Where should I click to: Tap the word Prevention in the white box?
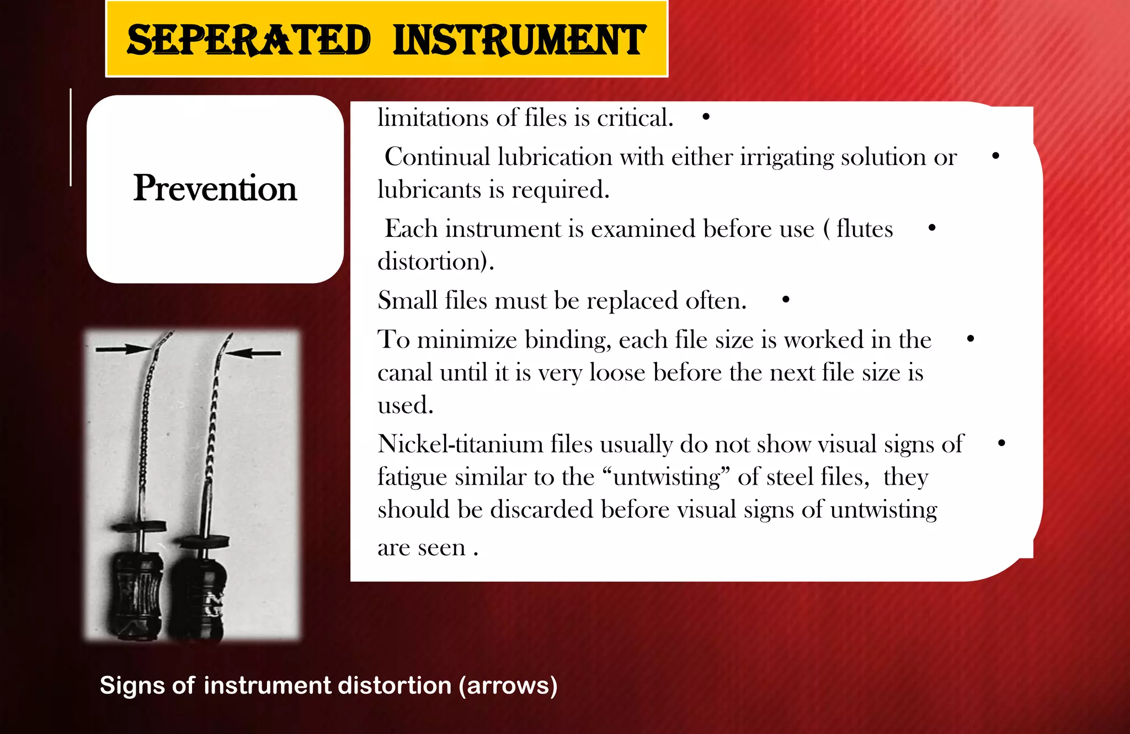click(x=215, y=188)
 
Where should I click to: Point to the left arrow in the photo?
click(x=122, y=349)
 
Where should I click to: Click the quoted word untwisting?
click(x=667, y=477)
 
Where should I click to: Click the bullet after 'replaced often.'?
click(x=786, y=300)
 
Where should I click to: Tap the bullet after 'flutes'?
click(x=932, y=228)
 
